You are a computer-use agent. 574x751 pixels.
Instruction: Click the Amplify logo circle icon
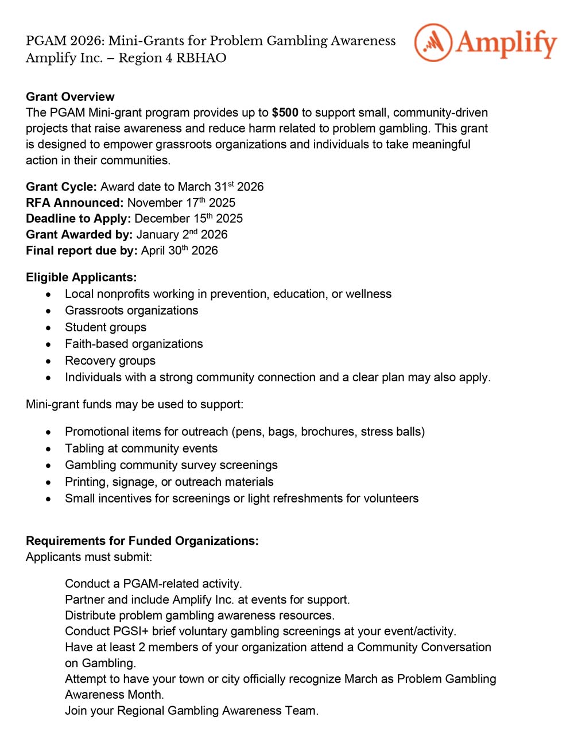[x=433, y=42]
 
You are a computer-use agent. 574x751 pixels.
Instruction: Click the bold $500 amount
[x=285, y=113]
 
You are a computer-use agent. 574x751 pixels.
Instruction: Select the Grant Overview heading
[x=70, y=96]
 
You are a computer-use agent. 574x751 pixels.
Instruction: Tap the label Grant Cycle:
[x=61, y=187]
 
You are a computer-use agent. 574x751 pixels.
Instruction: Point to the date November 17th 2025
[x=181, y=203]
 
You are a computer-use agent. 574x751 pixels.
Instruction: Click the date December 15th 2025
[x=188, y=219]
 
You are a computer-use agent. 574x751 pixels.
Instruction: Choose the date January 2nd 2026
[x=182, y=235]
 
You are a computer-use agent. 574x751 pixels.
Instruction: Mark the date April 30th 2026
[x=180, y=251]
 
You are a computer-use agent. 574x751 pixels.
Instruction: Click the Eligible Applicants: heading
[x=81, y=277]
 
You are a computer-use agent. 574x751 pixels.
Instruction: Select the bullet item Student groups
[x=106, y=327]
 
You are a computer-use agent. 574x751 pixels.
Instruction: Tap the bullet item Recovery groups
[x=110, y=361]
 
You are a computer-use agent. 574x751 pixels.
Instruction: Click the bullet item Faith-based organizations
[x=134, y=344]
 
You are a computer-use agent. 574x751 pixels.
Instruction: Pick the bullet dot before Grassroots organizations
[x=49, y=311]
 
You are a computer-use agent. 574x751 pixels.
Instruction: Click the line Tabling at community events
[x=141, y=448]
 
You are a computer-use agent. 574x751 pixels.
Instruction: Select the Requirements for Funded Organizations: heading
[x=142, y=541]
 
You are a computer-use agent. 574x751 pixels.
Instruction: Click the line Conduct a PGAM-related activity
[x=153, y=584]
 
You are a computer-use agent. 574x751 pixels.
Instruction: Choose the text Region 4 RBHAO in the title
[x=172, y=58]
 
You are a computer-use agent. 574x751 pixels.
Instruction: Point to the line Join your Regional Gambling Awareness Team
[x=192, y=711]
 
